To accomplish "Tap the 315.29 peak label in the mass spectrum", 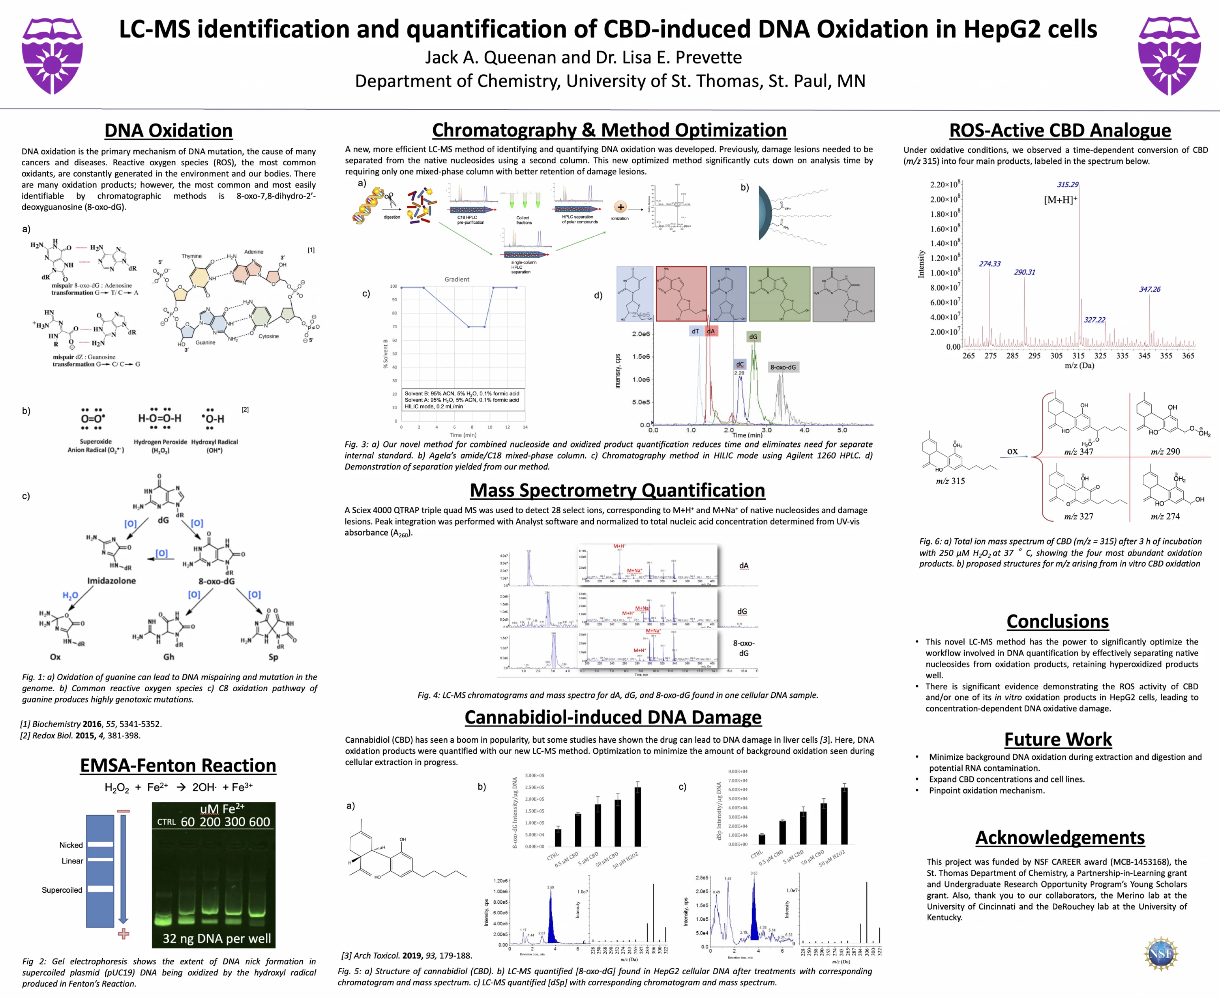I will click(x=1068, y=184).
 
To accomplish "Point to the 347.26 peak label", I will click(x=1149, y=289).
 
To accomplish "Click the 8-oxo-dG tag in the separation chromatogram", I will click(x=783, y=367).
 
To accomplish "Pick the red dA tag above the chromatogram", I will click(x=711, y=331).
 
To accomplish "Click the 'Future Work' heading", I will click(x=1058, y=739).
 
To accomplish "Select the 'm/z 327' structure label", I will click(x=1078, y=516).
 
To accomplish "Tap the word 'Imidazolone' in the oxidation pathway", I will click(x=112, y=580).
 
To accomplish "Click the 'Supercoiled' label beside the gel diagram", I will click(x=62, y=890).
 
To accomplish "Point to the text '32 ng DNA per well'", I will click(x=217, y=939).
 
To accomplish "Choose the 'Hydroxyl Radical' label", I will click(x=214, y=442).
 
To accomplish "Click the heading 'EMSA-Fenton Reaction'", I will click(x=178, y=766).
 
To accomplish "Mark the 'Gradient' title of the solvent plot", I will click(x=457, y=280).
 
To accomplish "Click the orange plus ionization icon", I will click(x=620, y=207).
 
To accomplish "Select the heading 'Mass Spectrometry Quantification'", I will click(x=617, y=490).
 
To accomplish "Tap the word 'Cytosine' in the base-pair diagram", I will click(x=269, y=336).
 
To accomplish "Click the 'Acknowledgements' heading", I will click(x=1060, y=838).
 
